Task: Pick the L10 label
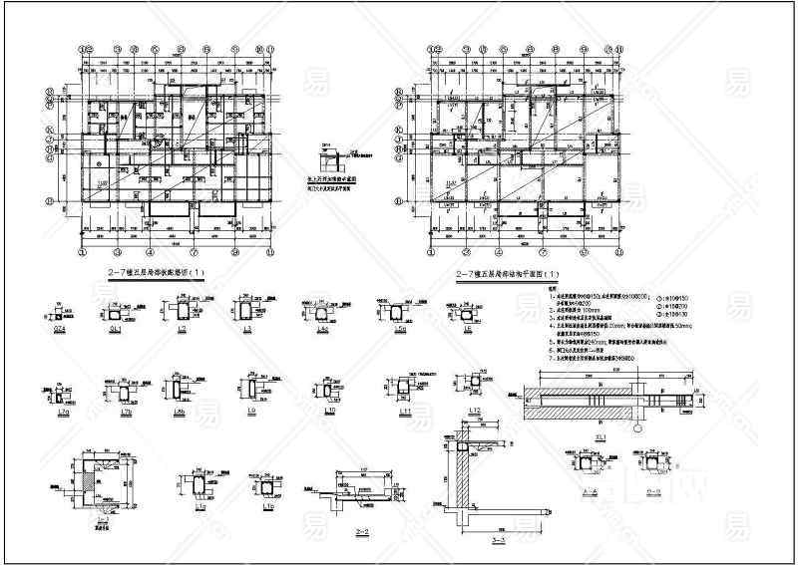[326, 410]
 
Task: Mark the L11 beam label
[405, 410]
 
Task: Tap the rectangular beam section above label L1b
[269, 486]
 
